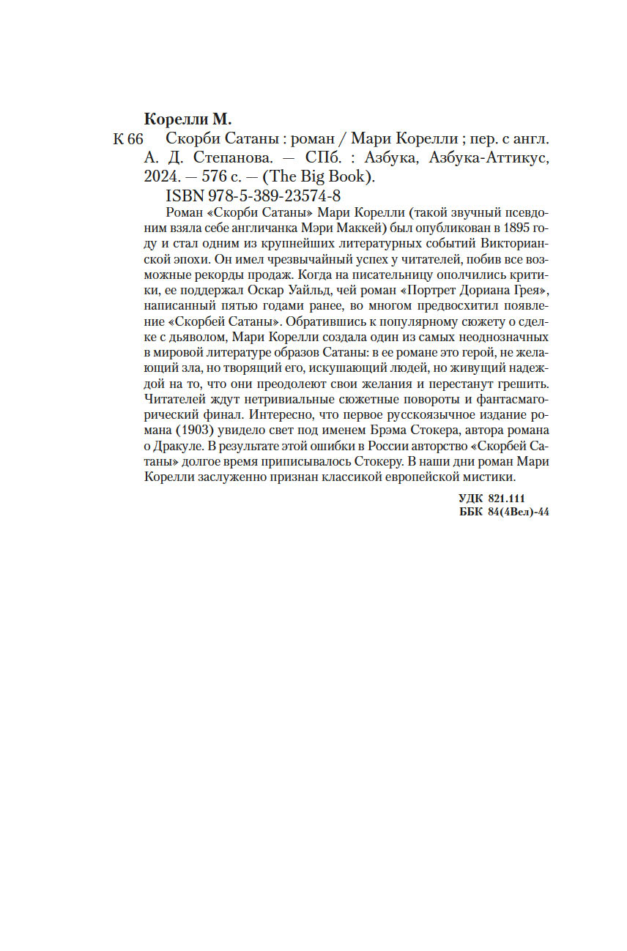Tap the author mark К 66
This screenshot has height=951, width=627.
[x=129, y=140]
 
